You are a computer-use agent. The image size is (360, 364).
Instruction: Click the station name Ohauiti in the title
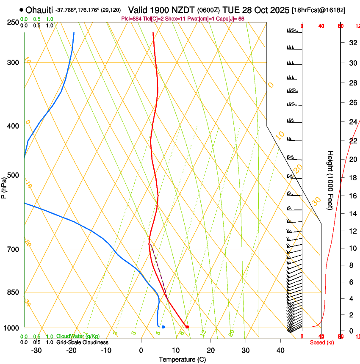36,10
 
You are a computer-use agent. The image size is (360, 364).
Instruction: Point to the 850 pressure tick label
13,292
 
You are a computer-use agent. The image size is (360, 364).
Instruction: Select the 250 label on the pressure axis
13,22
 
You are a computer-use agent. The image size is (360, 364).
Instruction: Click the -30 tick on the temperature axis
37,350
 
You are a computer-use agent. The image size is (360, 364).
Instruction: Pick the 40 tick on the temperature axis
280,350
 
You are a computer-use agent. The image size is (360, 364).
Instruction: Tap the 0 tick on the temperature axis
141,350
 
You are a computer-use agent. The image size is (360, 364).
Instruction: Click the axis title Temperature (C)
182,359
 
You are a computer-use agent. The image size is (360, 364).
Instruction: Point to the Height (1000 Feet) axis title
330,180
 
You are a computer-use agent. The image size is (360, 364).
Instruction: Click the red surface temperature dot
187,327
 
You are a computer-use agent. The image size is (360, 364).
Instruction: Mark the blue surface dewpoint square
163,327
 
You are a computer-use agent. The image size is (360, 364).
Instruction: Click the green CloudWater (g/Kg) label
78,336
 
